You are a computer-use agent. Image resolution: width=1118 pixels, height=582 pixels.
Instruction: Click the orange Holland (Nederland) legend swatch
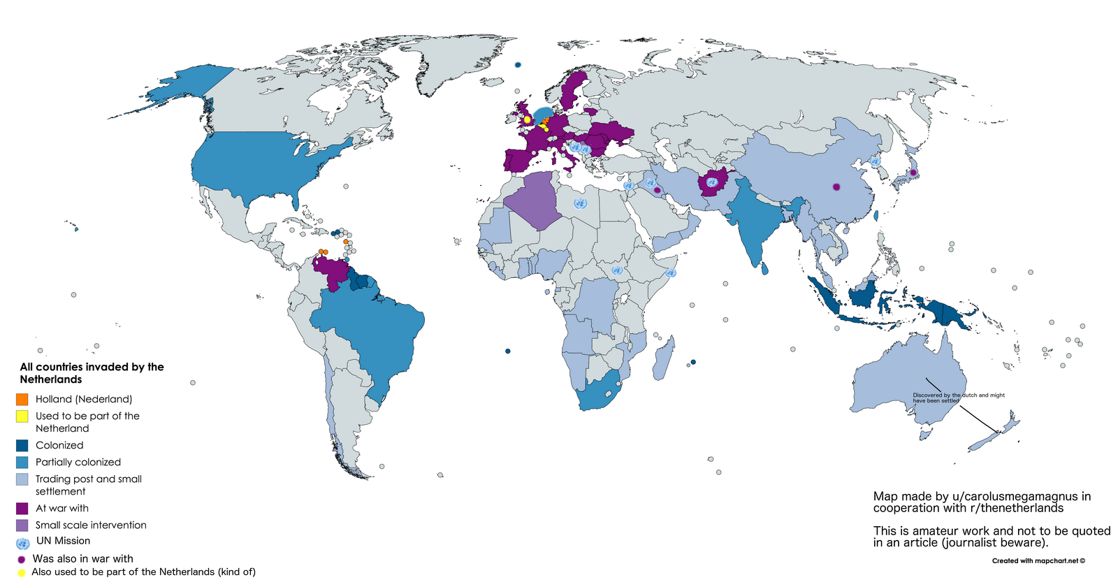tap(22, 399)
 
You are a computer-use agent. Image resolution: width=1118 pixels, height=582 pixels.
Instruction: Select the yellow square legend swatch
tap(22, 416)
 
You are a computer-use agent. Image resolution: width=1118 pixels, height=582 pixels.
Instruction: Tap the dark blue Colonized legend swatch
tap(22, 445)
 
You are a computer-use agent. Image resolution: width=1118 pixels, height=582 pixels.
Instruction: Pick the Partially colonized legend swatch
tap(22, 462)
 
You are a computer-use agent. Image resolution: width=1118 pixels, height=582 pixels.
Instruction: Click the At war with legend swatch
tap(22, 508)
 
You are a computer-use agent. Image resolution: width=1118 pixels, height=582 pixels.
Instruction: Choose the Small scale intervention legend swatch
tap(22, 525)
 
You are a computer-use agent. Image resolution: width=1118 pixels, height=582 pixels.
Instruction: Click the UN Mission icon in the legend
tap(22, 543)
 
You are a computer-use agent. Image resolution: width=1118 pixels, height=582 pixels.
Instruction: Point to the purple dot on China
tap(836, 187)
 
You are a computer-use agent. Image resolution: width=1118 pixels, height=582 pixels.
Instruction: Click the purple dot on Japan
tap(913, 172)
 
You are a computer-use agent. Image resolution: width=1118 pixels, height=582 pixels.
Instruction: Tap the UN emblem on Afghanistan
tap(712, 182)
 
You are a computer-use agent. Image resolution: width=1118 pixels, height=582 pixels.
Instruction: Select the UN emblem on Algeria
tap(579, 203)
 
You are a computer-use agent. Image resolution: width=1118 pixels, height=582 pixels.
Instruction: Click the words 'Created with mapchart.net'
tap(1038, 560)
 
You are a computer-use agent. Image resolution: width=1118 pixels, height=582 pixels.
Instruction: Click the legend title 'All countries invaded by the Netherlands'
tap(92, 373)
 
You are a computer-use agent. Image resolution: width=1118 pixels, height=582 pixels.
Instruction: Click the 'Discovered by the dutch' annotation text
tap(958, 398)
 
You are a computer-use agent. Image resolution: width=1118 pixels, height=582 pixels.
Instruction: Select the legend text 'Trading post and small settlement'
tap(88, 485)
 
